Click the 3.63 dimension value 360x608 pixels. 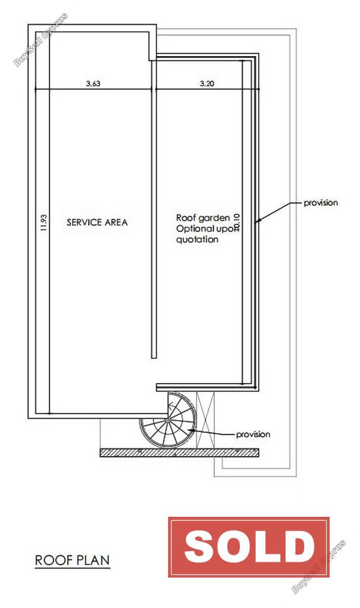pyautogui.click(x=93, y=83)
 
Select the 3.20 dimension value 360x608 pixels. pyautogui.click(x=207, y=83)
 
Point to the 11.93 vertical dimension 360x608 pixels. pyautogui.click(x=44, y=222)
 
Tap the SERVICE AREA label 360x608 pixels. pyautogui.click(x=97, y=222)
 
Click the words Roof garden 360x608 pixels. pyautogui.click(x=203, y=218)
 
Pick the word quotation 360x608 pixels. pyautogui.click(x=197, y=239)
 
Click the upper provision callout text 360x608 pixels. pyautogui.click(x=321, y=203)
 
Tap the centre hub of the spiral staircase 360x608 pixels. pyautogui.click(x=168, y=420)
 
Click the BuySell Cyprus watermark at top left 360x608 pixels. pyautogui.click(x=41, y=40)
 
